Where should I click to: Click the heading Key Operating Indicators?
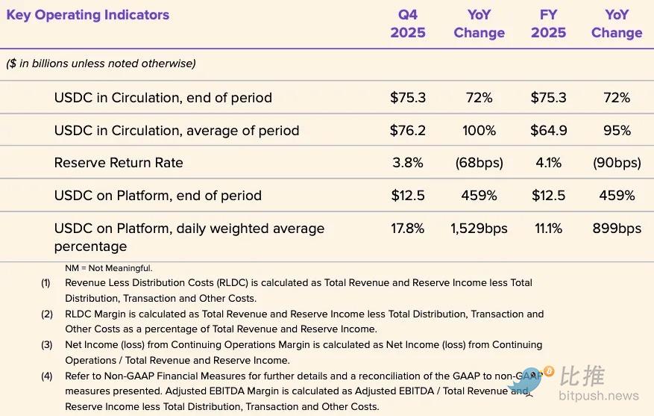pyautogui.click(x=88, y=15)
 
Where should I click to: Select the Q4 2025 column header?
pyautogui.click(x=408, y=24)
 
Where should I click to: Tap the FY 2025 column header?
pyautogui.click(x=548, y=24)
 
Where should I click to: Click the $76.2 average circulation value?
pyautogui.click(x=408, y=131)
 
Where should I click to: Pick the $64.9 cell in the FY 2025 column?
pyautogui.click(x=548, y=131)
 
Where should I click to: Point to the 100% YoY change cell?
pyautogui.click(x=479, y=131)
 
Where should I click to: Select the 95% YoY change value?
pyautogui.click(x=617, y=131)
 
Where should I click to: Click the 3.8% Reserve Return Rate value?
pyautogui.click(x=408, y=163)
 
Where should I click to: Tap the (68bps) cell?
pyautogui.click(x=479, y=163)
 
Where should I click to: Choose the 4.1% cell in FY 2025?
pyautogui.click(x=548, y=163)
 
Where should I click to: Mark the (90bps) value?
pyautogui.click(x=617, y=163)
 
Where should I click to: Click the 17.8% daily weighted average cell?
pyautogui.click(x=408, y=229)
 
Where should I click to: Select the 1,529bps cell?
pyautogui.click(x=479, y=229)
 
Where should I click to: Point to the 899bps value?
pyautogui.click(x=617, y=229)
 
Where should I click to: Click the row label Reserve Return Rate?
pyautogui.click(x=119, y=163)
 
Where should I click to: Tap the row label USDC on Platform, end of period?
pyautogui.click(x=158, y=196)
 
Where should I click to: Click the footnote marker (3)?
pyautogui.click(x=47, y=345)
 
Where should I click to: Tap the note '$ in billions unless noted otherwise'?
pyautogui.click(x=101, y=64)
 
